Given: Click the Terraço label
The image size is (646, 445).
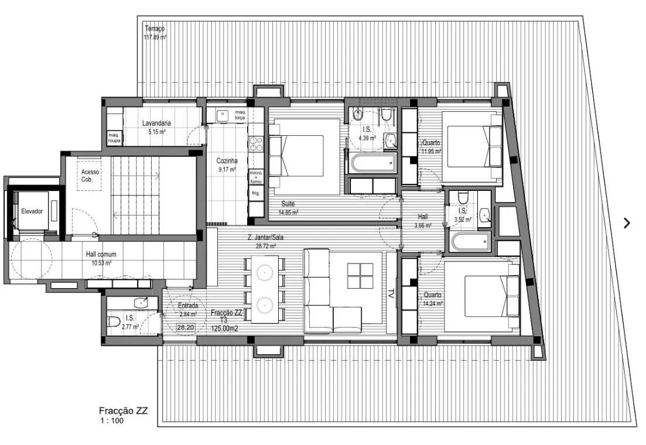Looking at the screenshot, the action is [155, 29].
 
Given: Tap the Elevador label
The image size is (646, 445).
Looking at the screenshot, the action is [32, 211].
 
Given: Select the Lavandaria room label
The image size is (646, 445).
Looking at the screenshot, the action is [156, 123].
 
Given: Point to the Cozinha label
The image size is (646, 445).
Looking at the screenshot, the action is [227, 161].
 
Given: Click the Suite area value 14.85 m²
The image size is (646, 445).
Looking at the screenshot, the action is [288, 213].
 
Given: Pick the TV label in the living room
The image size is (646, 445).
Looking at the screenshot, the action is [391, 293].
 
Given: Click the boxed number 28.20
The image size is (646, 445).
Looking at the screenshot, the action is [186, 327].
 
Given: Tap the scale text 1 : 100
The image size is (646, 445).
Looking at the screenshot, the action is [112, 420].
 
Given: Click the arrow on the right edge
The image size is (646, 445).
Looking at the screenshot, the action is [627, 223].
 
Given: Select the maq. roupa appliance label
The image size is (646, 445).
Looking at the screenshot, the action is [114, 138].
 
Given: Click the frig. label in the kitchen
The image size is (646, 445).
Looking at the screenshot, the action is [256, 193].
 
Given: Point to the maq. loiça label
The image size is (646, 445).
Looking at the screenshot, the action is [240, 115].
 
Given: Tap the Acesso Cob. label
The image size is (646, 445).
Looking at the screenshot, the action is [90, 176].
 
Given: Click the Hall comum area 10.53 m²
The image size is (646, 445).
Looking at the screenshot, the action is [101, 263].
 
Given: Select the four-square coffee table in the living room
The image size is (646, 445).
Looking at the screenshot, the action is [360, 276].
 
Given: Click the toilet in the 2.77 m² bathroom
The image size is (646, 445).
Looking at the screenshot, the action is [114, 321].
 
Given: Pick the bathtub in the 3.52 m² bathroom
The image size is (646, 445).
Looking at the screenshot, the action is [471, 241].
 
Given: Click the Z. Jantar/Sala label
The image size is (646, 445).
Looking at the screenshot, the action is [265, 237].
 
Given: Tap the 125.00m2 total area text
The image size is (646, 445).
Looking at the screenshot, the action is [224, 328].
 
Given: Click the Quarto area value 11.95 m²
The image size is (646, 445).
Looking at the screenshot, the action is [432, 151].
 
